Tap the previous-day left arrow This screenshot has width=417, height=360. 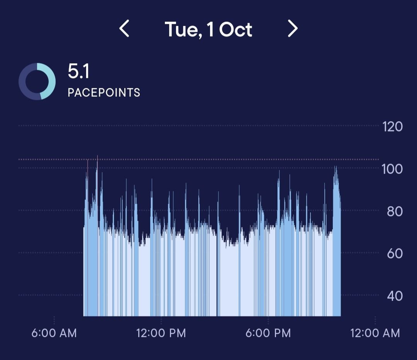[x=124, y=29]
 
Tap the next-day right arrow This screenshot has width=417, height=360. [x=293, y=29]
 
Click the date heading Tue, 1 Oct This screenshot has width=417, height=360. [x=208, y=29]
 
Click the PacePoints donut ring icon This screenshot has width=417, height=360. [x=37, y=82]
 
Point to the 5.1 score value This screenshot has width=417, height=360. [x=79, y=72]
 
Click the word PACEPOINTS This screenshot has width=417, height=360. [x=104, y=93]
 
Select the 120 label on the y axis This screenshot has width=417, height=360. [x=392, y=127]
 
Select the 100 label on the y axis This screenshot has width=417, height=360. [x=392, y=169]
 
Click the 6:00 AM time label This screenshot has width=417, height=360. [x=54, y=333]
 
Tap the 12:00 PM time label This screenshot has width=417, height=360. [x=161, y=333]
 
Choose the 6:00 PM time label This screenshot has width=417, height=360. [x=268, y=333]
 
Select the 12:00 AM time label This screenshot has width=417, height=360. [x=375, y=333]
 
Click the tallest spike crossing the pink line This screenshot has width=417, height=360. [x=97, y=158]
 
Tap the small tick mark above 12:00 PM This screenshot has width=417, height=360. [x=161, y=320]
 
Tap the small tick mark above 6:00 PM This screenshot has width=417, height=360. [x=268, y=320]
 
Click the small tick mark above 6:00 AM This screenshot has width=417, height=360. [x=54, y=320]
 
